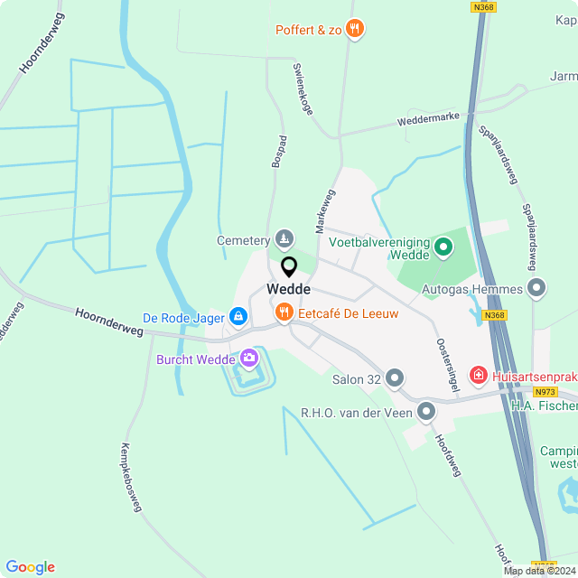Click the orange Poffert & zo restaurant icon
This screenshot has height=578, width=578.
click(355, 30)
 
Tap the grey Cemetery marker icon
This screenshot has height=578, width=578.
click(284, 239)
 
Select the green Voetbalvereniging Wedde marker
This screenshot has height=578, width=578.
click(443, 246)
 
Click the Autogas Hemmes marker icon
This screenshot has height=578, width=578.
click(537, 289)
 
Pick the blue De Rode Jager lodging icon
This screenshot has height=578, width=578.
click(238, 316)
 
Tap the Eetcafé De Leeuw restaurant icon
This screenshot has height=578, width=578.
click(284, 312)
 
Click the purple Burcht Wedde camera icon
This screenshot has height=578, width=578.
click(248, 359)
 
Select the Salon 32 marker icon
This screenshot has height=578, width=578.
click(395, 378)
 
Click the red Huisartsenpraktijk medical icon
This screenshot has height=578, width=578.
click(477, 374)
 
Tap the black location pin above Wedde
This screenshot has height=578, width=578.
click(289, 267)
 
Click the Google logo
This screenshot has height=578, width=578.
click(30, 566)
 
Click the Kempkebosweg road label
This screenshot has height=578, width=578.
click(131, 477)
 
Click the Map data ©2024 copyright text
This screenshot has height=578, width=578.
click(539, 571)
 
